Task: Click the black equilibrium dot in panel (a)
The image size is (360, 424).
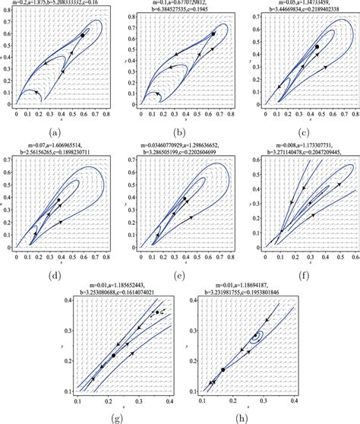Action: [x=83, y=35]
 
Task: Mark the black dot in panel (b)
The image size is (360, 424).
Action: [x=213, y=34]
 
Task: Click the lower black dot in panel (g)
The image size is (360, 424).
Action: [x=113, y=355]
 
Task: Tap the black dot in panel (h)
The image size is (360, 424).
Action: [x=223, y=369]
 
